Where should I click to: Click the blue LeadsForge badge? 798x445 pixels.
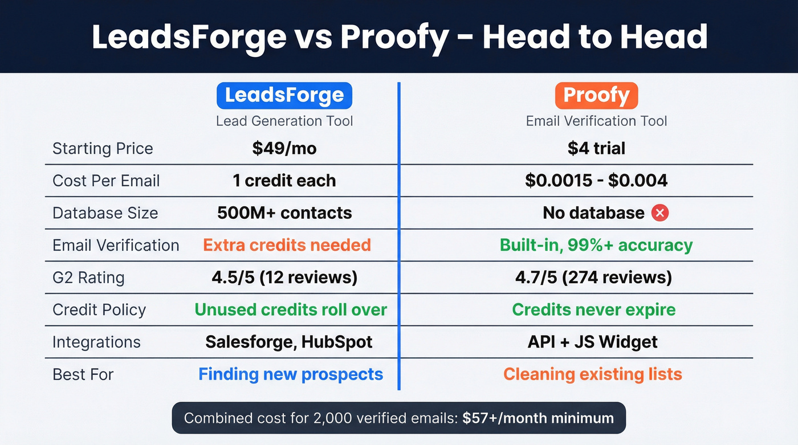tap(284, 95)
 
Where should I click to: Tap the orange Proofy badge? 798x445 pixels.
tap(596, 95)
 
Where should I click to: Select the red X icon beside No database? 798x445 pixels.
tap(659, 213)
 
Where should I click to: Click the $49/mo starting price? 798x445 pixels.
tap(284, 148)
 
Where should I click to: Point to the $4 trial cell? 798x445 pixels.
tap(596, 148)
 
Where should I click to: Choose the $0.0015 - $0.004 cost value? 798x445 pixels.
tap(596, 181)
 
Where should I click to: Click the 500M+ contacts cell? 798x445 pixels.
tap(284, 213)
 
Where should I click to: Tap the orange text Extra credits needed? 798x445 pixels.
tap(287, 245)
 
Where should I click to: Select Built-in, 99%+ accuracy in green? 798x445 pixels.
tap(596, 245)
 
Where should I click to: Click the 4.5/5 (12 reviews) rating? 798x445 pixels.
tap(284, 277)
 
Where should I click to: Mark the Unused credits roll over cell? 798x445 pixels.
tap(291, 309)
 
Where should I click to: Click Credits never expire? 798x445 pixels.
tap(593, 309)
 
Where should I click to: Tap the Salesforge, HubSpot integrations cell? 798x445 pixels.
tap(288, 342)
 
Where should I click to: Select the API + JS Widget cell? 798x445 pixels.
tap(593, 342)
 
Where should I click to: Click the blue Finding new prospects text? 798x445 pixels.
tap(291, 374)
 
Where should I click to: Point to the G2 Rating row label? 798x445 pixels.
tap(88, 277)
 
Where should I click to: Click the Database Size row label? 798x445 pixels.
tap(105, 213)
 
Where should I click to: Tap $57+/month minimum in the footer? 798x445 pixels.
tap(538, 418)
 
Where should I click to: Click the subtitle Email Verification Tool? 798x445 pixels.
tap(596, 121)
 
